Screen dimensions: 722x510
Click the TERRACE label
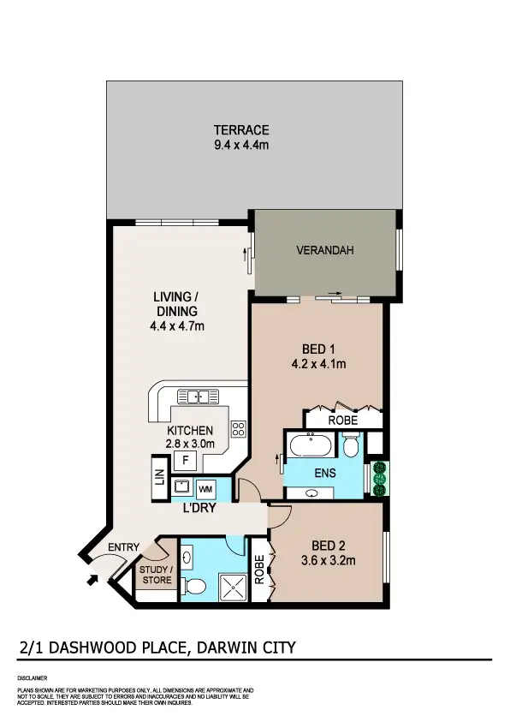(241, 130)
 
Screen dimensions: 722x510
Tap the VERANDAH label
(324, 251)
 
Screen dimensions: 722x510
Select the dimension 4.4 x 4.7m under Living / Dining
(176, 326)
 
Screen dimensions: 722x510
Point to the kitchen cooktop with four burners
(239, 430)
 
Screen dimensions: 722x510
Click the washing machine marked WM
(206, 489)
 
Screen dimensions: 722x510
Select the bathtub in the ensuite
(309, 446)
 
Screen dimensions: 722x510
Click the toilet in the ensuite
(350, 445)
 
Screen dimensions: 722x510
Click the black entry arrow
(92, 581)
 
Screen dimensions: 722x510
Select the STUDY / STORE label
(156, 575)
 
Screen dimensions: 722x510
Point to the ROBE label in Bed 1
(342, 421)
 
